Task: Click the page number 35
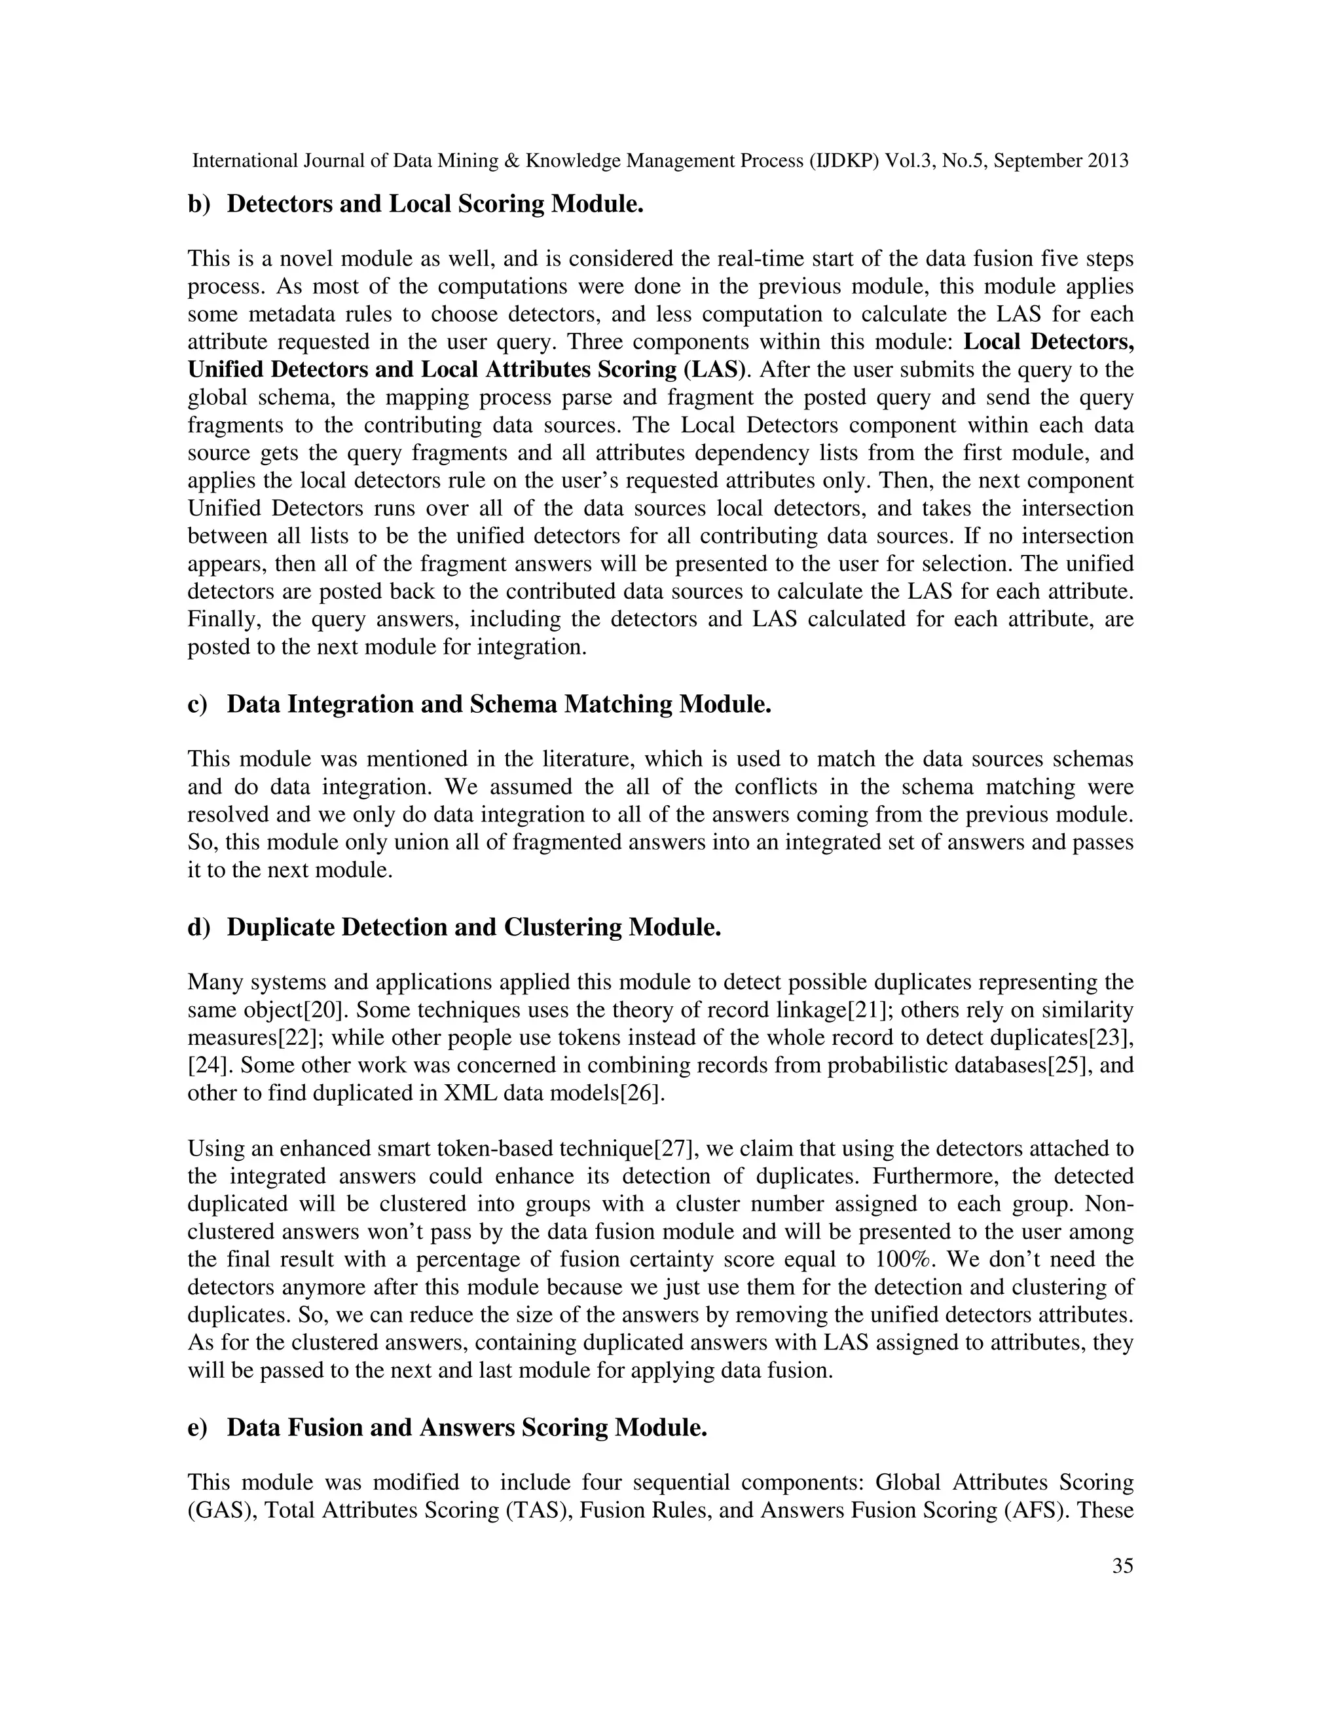pyautogui.click(x=1122, y=1566)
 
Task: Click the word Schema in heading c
pyautogui.click(x=513, y=704)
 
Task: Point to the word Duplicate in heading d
pyautogui.click(x=280, y=927)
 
